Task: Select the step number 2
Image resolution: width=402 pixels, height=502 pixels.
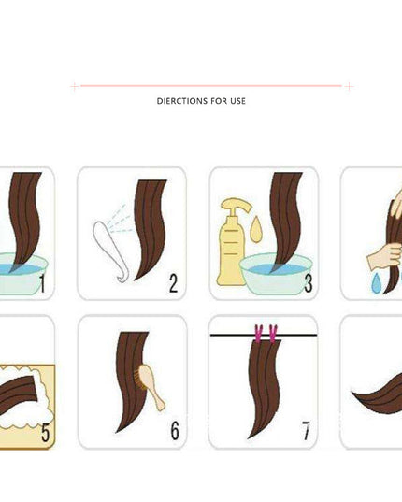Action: pyautogui.click(x=173, y=283)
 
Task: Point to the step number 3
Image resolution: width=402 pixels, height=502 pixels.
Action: pyautogui.click(x=309, y=283)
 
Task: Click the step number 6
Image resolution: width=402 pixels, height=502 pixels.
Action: pyautogui.click(x=175, y=430)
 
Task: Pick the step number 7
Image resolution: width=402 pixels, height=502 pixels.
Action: pyautogui.click(x=307, y=431)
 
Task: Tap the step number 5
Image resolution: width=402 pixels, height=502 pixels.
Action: pyautogui.click(x=46, y=432)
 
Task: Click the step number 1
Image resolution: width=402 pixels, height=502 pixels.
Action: pyautogui.click(x=43, y=283)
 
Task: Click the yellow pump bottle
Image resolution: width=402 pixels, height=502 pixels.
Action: pyautogui.click(x=232, y=243)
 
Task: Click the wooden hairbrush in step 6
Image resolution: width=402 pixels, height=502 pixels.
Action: pyautogui.click(x=151, y=386)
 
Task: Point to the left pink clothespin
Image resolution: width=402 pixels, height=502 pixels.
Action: pyautogui.click(x=259, y=334)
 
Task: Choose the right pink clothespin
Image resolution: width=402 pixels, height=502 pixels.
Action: pyautogui.click(x=273, y=334)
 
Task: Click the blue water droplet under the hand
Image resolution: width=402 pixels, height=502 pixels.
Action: pyautogui.click(x=376, y=283)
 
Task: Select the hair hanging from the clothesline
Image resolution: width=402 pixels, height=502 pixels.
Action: pyautogui.click(x=265, y=388)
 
